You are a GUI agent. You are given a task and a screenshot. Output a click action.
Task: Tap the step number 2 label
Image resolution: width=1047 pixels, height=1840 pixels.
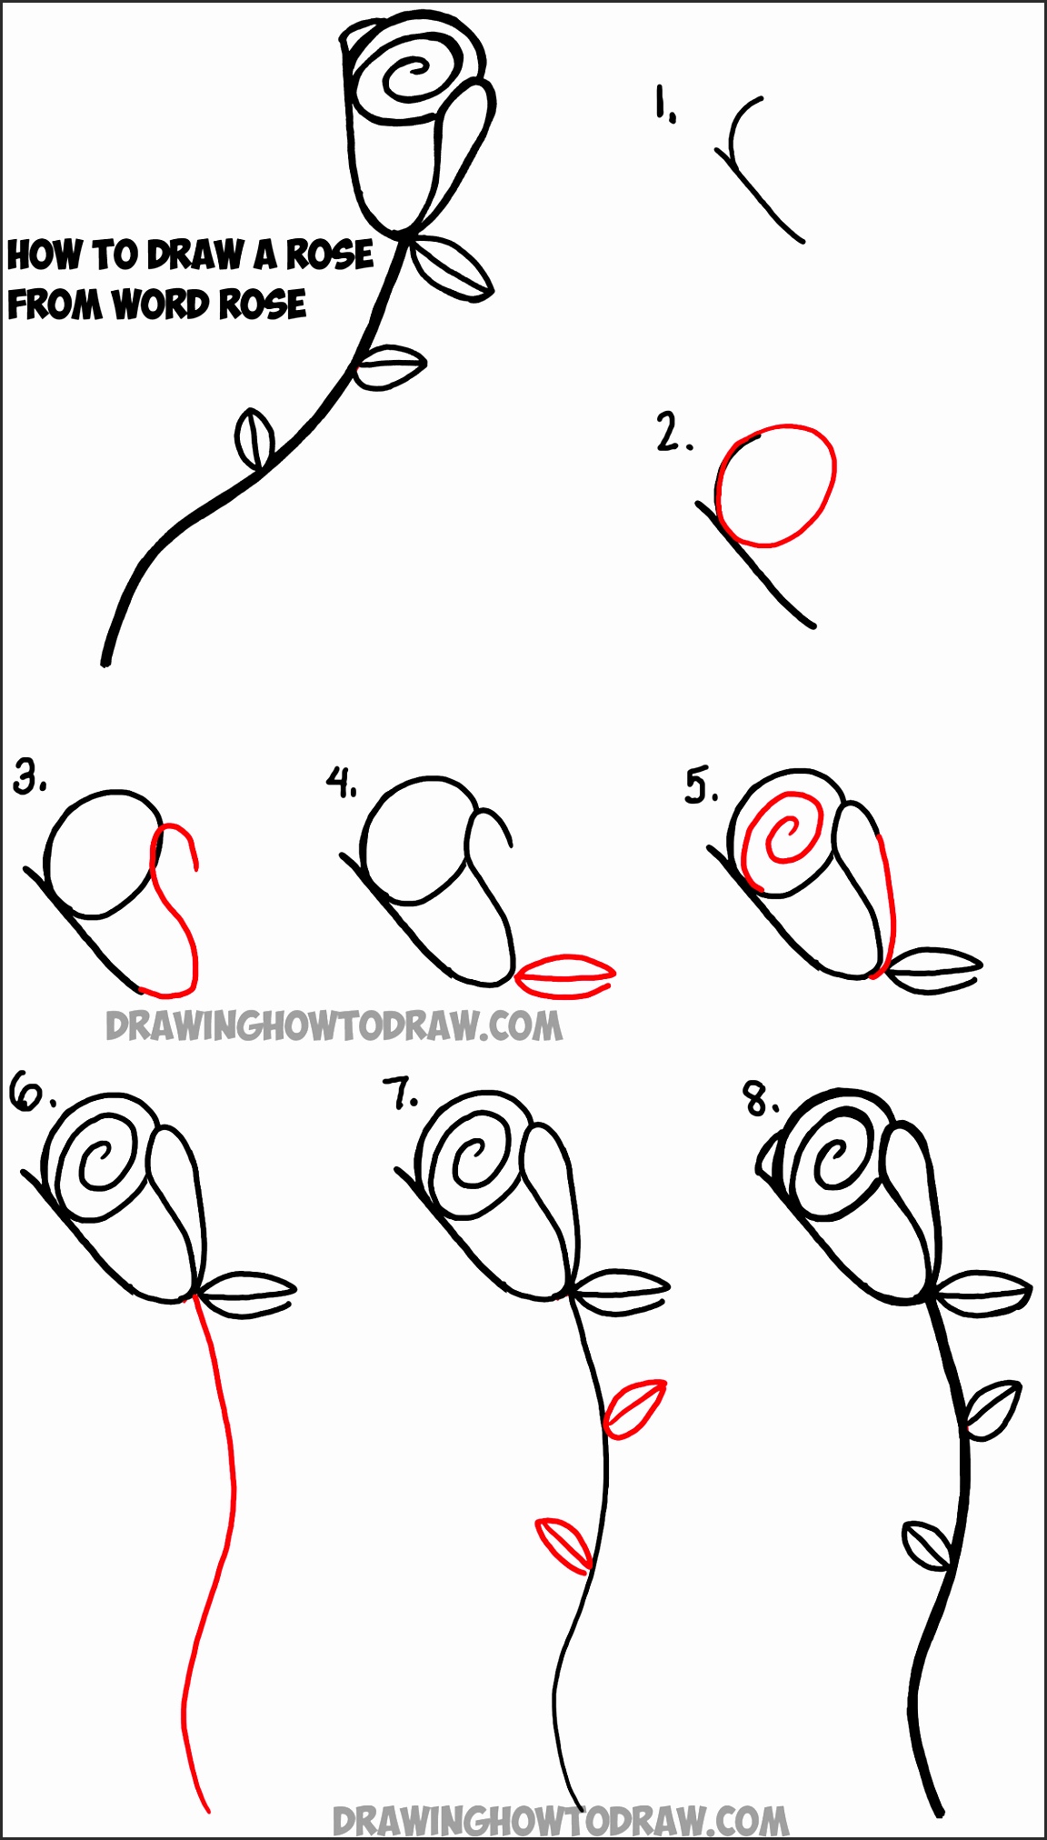pyautogui.click(x=672, y=433)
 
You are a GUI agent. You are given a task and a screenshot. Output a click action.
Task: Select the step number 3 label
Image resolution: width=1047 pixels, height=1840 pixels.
pyautogui.click(x=30, y=777)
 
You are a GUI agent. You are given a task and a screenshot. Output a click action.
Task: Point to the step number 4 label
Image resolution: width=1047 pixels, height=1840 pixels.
pyautogui.click(x=342, y=782)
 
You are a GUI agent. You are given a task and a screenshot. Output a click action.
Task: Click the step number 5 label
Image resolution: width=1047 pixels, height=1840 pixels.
pyautogui.click(x=700, y=785)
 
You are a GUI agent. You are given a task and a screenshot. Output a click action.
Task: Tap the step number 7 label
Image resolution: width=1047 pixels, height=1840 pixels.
pyautogui.click(x=400, y=1094)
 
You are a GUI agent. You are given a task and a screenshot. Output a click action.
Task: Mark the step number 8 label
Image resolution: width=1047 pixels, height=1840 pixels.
pyautogui.click(x=760, y=1099)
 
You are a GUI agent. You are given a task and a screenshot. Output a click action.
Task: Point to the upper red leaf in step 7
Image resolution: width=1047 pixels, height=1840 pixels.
pyautogui.click(x=634, y=1408)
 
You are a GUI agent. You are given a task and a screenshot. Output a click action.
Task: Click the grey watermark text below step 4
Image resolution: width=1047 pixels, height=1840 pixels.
pyautogui.click(x=334, y=1026)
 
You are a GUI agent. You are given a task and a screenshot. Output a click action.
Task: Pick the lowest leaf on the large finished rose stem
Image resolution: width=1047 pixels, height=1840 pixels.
pyautogui.click(x=254, y=438)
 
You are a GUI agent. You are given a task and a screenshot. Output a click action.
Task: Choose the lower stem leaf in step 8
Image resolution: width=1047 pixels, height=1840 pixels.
pyautogui.click(x=926, y=1545)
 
